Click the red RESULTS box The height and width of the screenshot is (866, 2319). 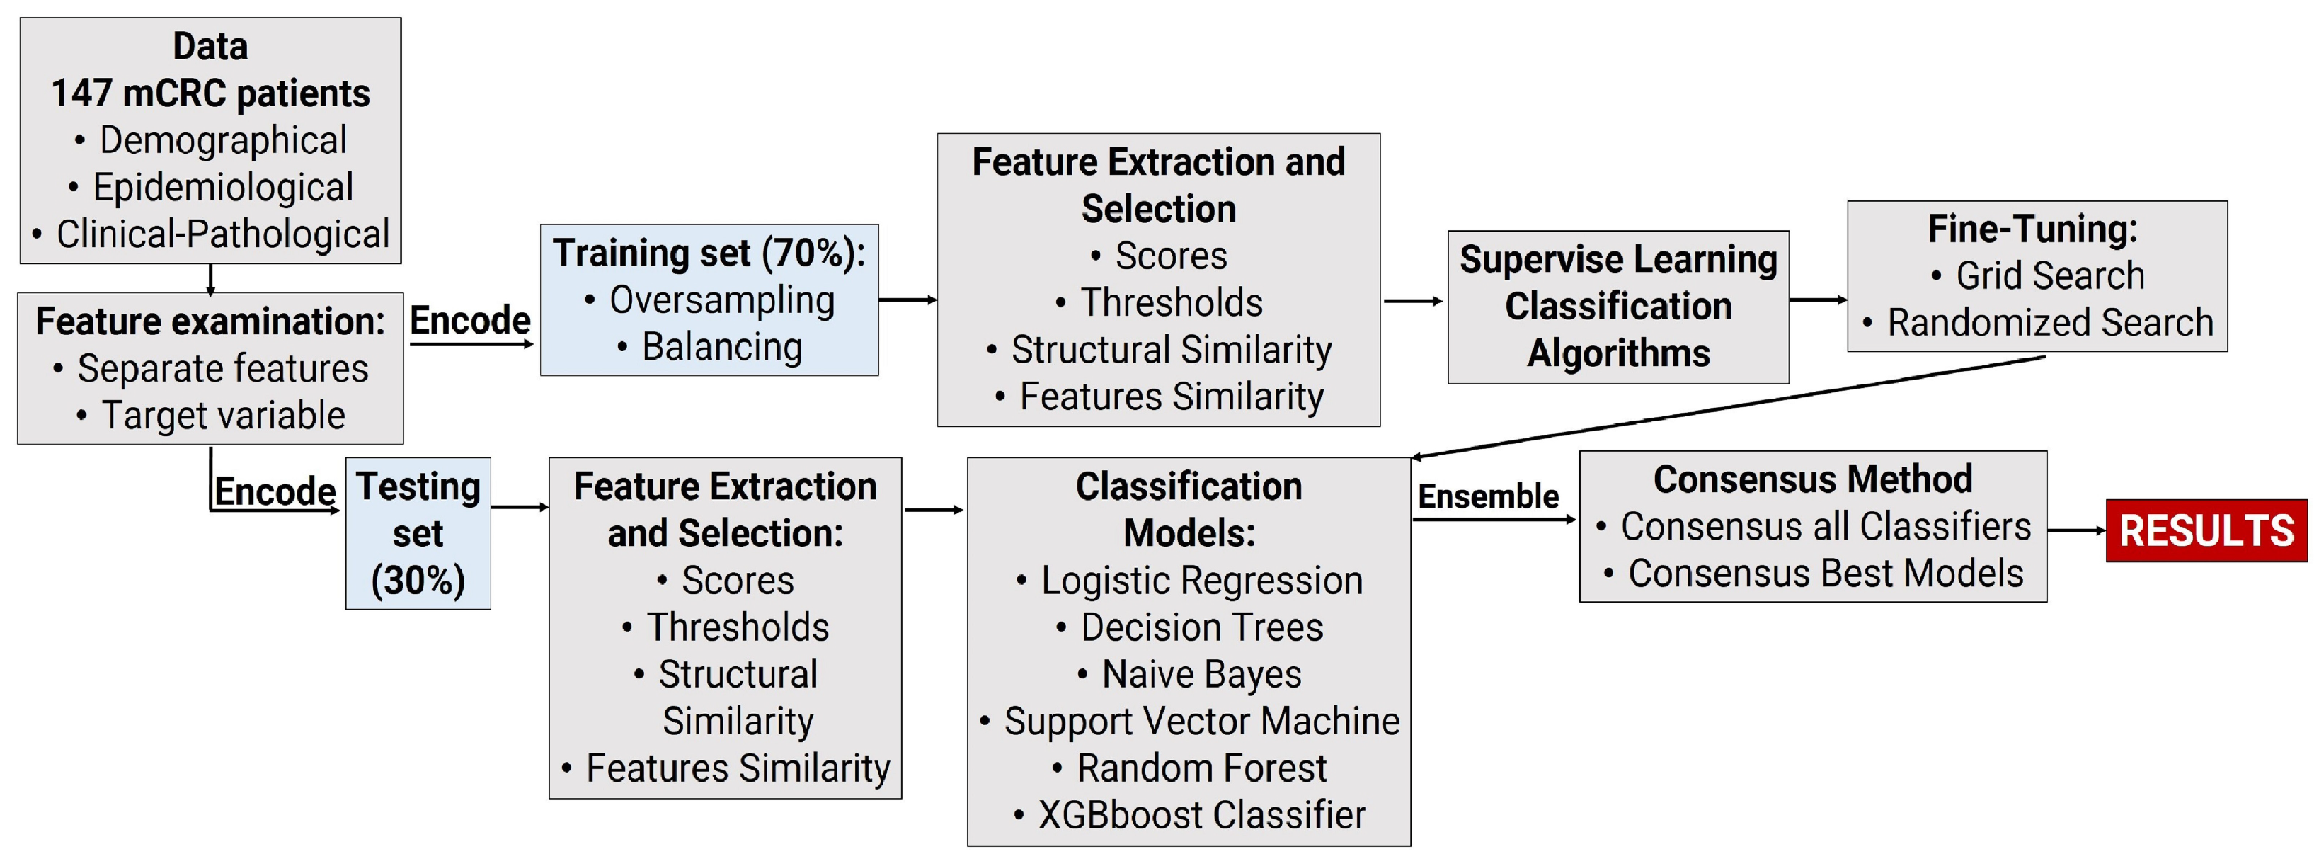(x=2206, y=531)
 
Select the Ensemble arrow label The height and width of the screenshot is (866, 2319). (x=1488, y=496)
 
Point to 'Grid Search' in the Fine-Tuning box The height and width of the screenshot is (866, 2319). (x=2049, y=275)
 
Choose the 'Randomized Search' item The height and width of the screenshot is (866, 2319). (x=2049, y=322)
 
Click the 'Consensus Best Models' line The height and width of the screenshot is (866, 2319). (x=1825, y=574)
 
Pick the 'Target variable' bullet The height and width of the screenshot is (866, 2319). (x=222, y=416)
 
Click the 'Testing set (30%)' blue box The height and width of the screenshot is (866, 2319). (x=418, y=533)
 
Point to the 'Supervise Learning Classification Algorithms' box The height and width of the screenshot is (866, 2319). (x=1617, y=307)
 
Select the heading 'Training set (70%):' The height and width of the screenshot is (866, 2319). (x=709, y=253)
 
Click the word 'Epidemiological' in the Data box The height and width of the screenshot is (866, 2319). (x=222, y=187)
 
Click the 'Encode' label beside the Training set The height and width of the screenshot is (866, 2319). (x=470, y=321)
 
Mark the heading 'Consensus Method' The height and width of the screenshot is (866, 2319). (x=1812, y=479)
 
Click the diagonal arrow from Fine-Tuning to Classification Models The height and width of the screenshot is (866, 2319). (x=1729, y=408)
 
